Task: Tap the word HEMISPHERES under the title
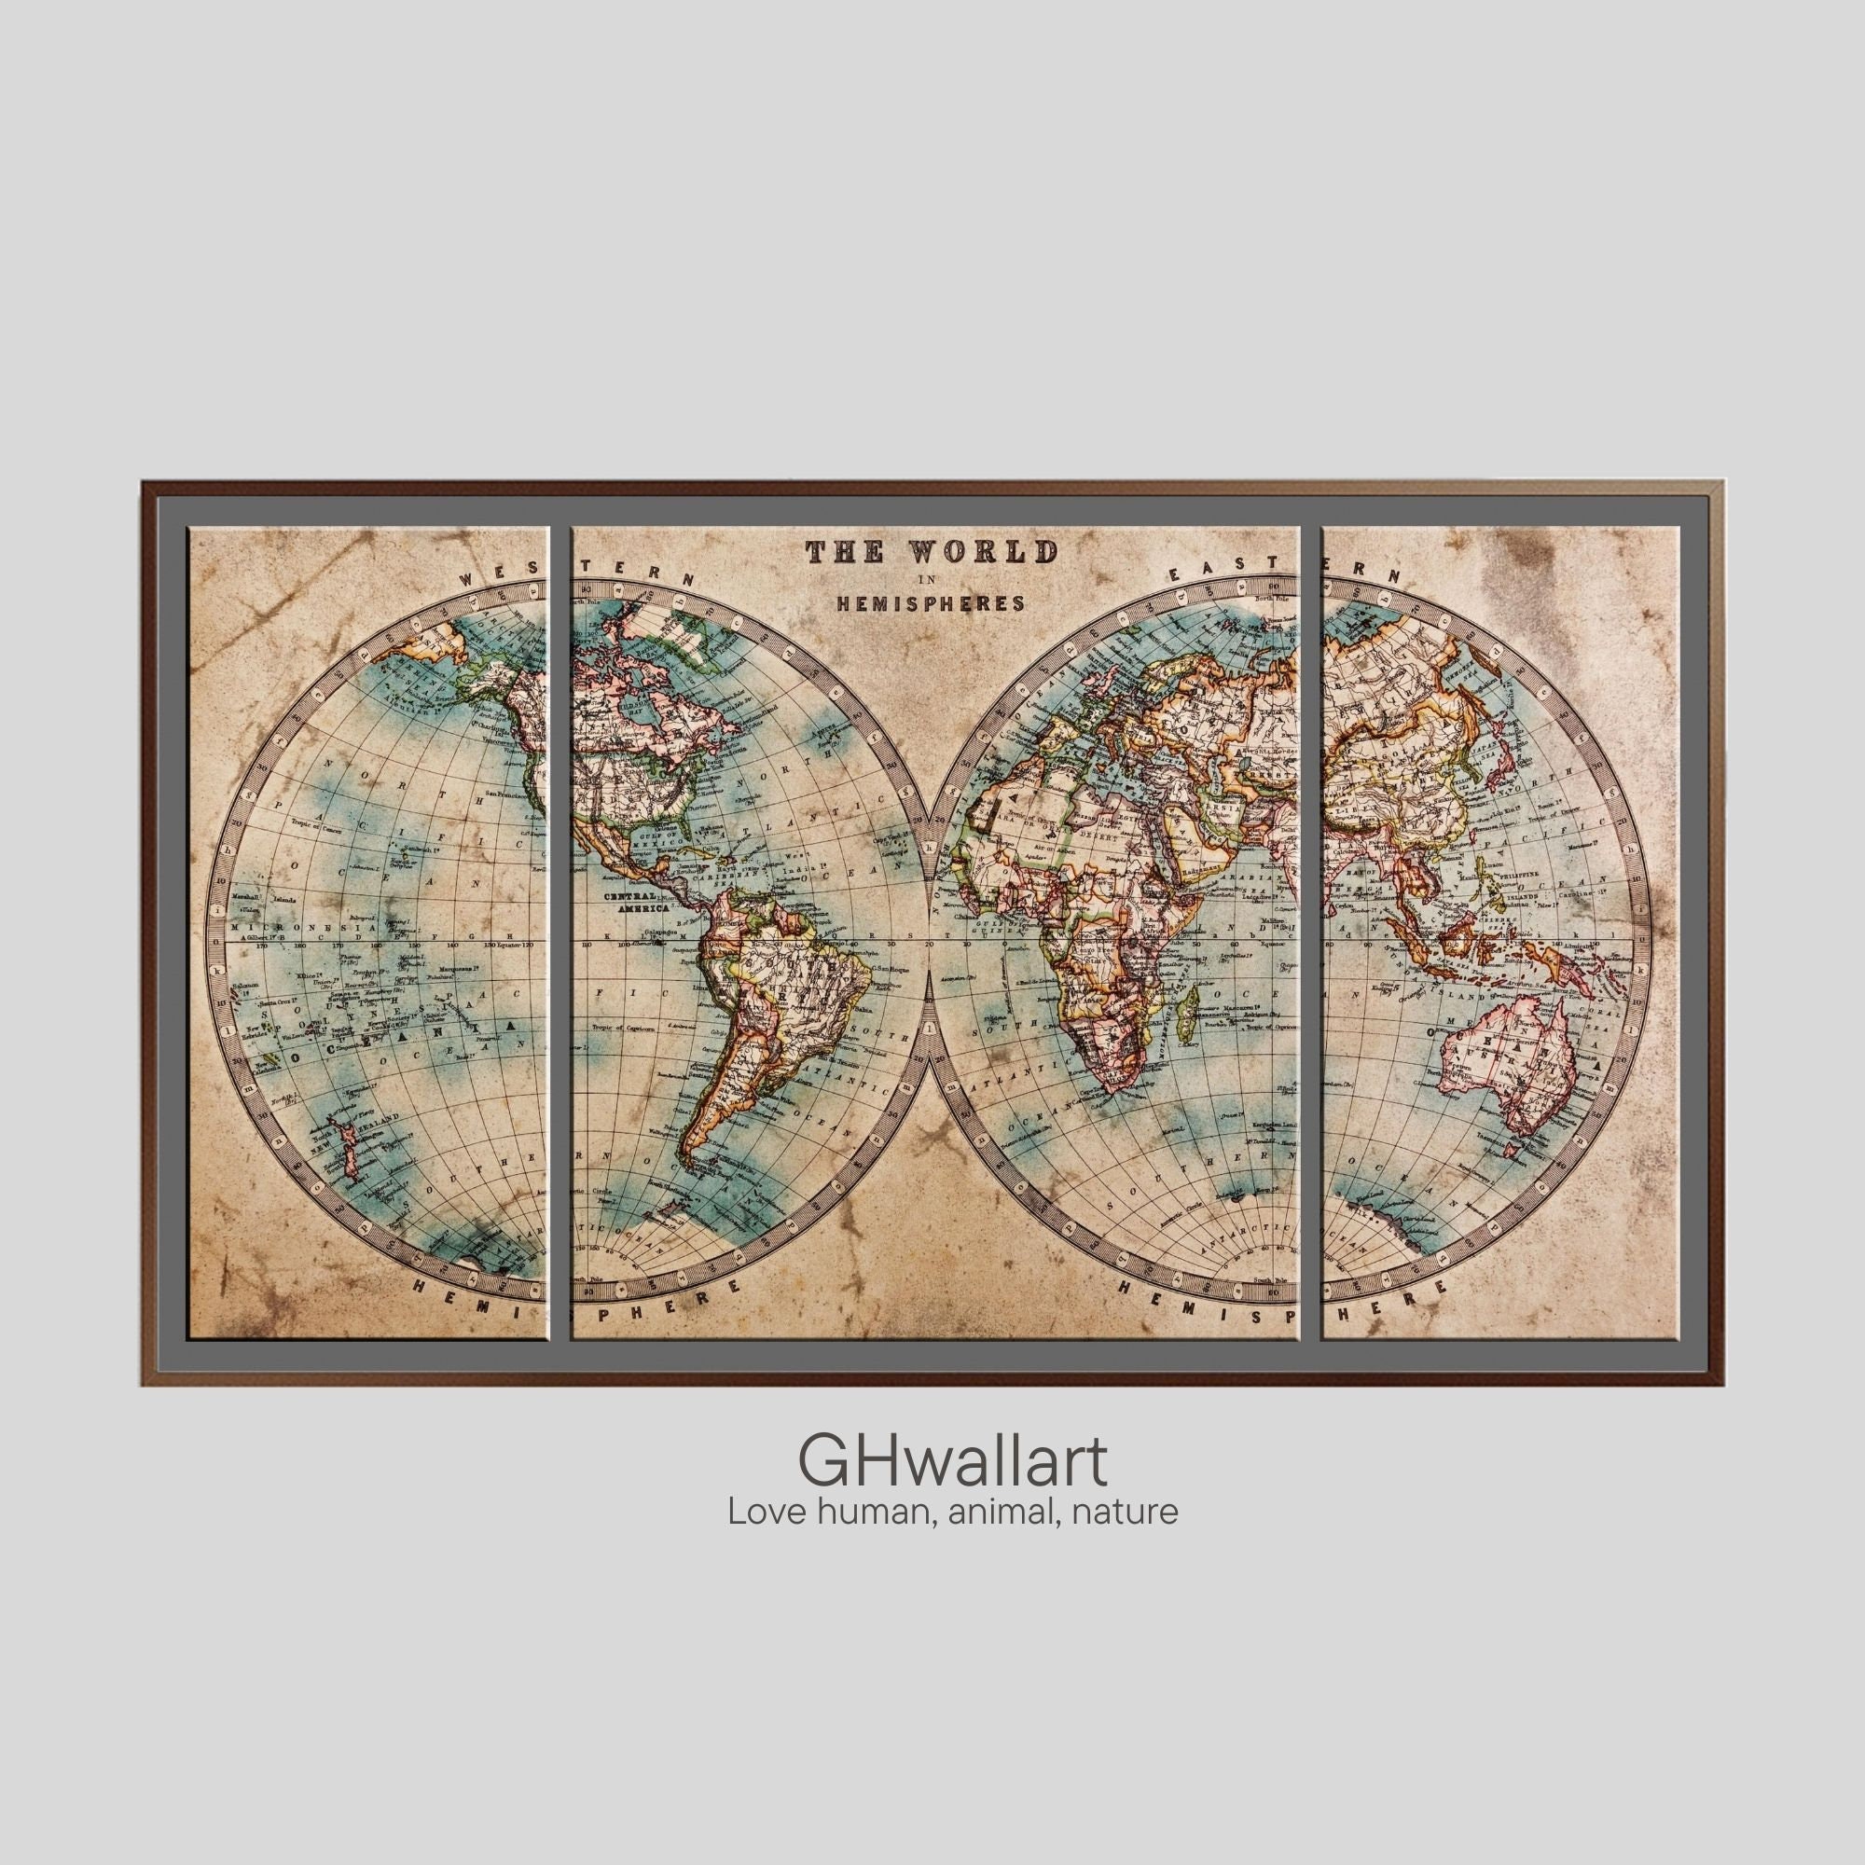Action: pyautogui.click(x=930, y=603)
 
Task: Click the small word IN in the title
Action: pyautogui.click(x=929, y=580)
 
